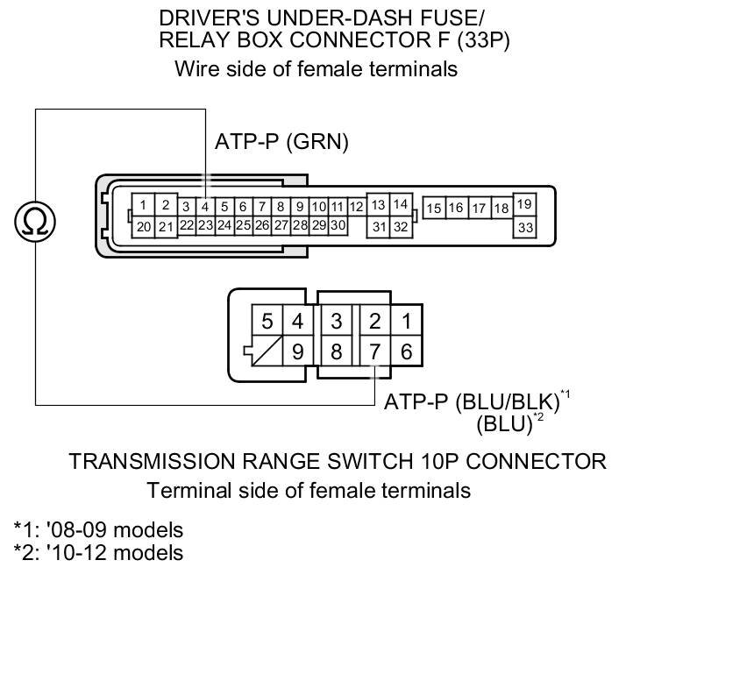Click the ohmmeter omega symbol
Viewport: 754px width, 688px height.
tap(35, 221)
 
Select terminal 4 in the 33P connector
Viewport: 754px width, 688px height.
tap(204, 207)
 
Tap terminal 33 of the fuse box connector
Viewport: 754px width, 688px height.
tap(525, 228)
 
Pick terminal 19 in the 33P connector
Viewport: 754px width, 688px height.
tap(524, 205)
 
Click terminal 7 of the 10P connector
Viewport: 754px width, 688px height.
tap(374, 351)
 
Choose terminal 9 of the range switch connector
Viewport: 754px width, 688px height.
tap(298, 351)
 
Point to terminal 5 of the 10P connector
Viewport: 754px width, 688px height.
tap(267, 321)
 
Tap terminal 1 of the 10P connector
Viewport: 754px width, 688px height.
tap(406, 321)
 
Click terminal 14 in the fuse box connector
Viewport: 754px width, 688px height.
tap(400, 205)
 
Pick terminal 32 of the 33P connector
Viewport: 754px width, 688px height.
tap(400, 227)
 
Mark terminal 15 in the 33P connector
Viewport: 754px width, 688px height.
tap(434, 208)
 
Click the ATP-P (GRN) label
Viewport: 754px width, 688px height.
tap(281, 142)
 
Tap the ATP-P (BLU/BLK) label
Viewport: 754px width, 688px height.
tap(472, 402)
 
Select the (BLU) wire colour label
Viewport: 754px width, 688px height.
tap(505, 424)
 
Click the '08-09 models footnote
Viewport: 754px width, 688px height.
tap(98, 529)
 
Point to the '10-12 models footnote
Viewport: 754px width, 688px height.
tap(98, 552)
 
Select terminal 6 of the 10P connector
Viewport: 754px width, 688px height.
tap(406, 351)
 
